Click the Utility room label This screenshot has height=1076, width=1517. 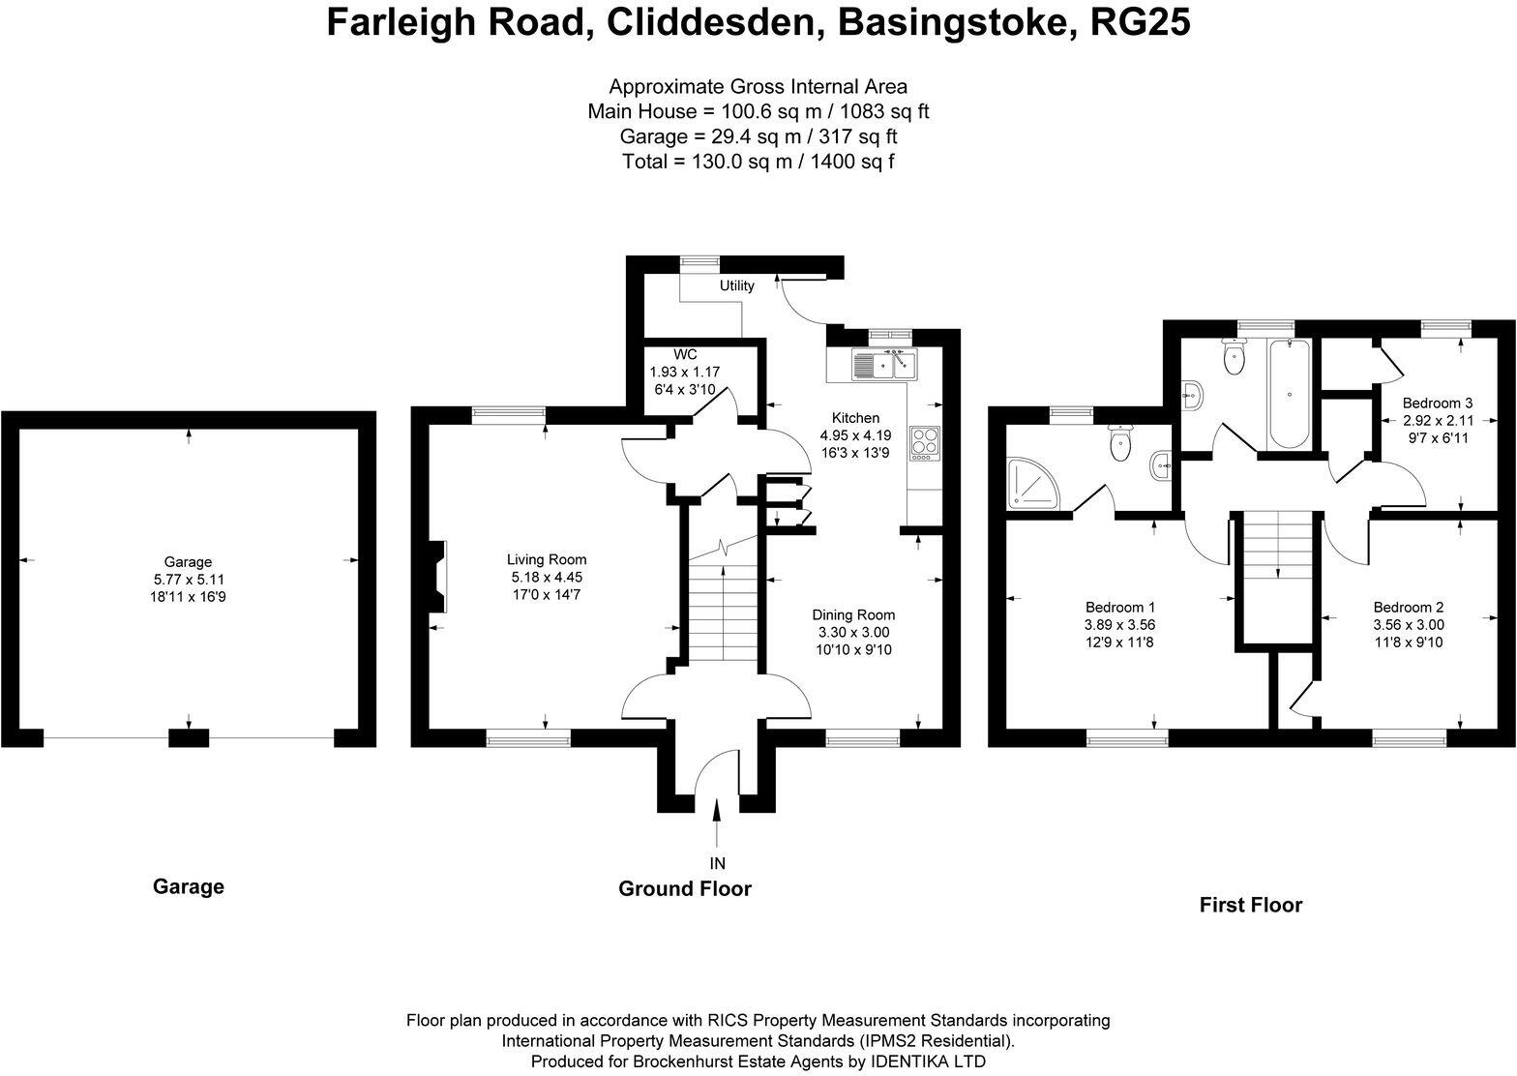tap(736, 286)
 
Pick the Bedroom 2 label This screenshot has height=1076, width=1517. tap(1408, 607)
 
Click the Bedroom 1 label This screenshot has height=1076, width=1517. tap(1119, 607)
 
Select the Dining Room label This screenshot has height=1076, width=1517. tap(853, 614)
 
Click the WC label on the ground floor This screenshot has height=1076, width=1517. tap(685, 355)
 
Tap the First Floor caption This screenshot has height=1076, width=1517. tap(1250, 906)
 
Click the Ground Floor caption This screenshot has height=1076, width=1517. tap(684, 888)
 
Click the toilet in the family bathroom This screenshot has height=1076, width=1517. tap(1234, 358)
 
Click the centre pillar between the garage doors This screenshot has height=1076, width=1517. tap(189, 738)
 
